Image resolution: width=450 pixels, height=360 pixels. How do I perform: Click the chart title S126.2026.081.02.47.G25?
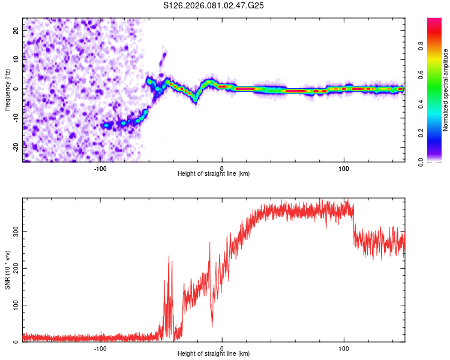[x=214, y=5]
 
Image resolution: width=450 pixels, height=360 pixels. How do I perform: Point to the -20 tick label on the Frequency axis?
[x=16, y=148]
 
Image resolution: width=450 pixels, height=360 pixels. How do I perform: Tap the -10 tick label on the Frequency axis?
[x=16, y=118]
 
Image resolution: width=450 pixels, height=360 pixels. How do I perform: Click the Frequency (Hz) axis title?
[x=7, y=89]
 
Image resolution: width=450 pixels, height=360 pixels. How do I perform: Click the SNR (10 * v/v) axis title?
[x=7, y=270]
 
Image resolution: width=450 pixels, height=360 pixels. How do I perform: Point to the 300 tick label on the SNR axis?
[x=14, y=231]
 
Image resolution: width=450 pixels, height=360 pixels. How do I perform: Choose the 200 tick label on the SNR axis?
[x=14, y=268]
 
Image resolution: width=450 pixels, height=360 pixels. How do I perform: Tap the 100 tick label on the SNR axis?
[x=14, y=305]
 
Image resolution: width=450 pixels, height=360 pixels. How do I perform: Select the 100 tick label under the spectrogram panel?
[x=344, y=168]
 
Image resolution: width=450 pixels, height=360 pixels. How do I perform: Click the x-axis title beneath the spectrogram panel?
[x=214, y=173]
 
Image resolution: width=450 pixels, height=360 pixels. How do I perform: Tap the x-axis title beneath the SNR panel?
[x=214, y=354]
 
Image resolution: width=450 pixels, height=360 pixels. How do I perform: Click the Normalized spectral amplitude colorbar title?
[x=446, y=90]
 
